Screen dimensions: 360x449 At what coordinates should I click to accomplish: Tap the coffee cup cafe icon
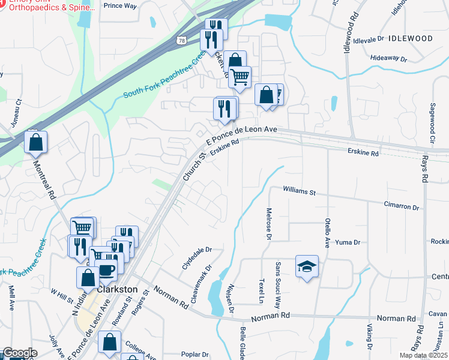point(107,271)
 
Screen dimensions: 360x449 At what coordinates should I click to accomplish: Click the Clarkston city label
point(118,289)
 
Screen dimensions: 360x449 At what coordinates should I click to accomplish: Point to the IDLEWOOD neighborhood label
point(411,38)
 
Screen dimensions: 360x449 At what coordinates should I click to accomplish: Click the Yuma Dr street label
point(348,242)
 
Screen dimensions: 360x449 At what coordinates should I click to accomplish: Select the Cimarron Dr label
point(401,206)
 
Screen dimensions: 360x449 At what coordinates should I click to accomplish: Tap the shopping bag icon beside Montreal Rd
point(36,143)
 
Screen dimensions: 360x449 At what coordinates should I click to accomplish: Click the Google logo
point(19,353)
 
